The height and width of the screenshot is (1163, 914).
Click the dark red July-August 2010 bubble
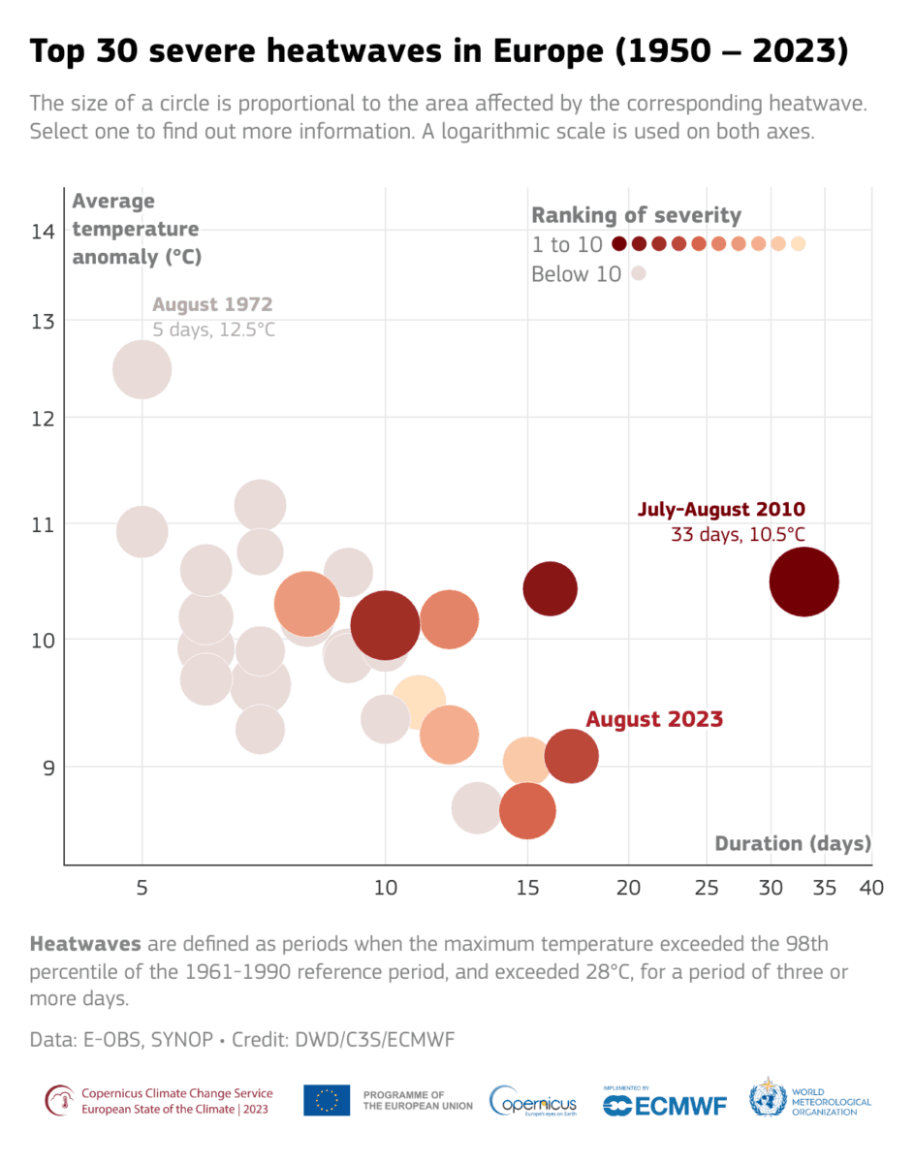(x=804, y=581)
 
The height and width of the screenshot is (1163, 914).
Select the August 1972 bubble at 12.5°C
(x=142, y=369)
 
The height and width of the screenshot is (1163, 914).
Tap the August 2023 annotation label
(x=654, y=720)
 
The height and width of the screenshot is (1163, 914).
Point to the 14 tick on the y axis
(x=44, y=232)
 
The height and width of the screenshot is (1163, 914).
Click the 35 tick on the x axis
(x=824, y=888)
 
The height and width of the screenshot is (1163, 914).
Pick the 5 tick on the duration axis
(x=142, y=888)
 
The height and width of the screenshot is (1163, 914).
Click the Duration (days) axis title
(x=793, y=843)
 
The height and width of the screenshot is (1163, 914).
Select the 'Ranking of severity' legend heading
(x=636, y=215)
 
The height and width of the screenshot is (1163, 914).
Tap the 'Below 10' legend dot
(x=639, y=274)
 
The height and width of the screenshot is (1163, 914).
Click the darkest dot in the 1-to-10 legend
(x=619, y=244)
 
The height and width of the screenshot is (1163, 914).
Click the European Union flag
(x=327, y=1101)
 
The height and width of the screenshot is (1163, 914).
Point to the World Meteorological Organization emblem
(x=767, y=1099)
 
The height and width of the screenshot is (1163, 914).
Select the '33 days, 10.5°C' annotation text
(x=738, y=534)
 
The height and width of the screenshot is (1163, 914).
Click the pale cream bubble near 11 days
(x=419, y=703)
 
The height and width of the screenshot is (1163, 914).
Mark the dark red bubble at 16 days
(x=550, y=588)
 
